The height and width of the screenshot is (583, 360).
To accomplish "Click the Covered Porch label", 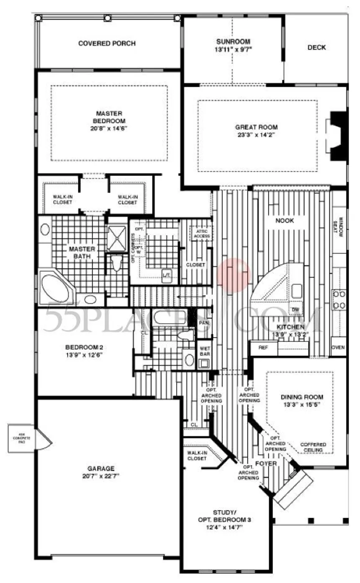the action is coord(107,44).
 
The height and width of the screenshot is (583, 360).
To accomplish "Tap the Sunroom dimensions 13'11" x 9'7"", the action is coord(233,49).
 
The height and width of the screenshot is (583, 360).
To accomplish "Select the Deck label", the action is coord(316,47).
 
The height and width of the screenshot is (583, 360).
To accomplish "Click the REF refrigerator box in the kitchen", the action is coord(263,347).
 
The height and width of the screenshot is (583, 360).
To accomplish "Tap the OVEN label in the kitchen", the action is coord(338,347).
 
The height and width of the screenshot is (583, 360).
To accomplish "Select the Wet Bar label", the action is coord(205,351).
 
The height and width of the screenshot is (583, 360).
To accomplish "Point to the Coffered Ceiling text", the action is coord(313,447).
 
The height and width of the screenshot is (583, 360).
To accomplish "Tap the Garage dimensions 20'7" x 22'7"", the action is coord(101,475).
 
